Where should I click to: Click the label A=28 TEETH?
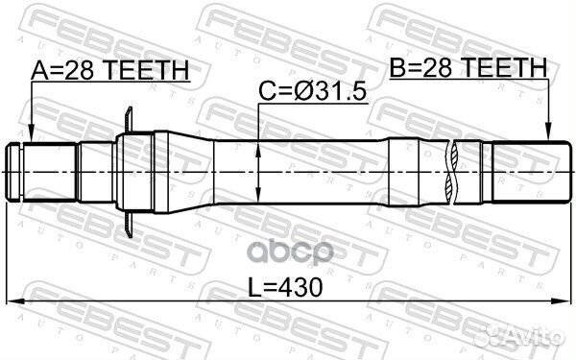[109, 69]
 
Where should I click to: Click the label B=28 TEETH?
[468, 67]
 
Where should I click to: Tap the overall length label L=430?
[285, 286]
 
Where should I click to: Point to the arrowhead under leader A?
[31, 138]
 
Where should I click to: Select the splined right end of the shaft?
[524, 172]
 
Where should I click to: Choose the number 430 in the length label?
[301, 286]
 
